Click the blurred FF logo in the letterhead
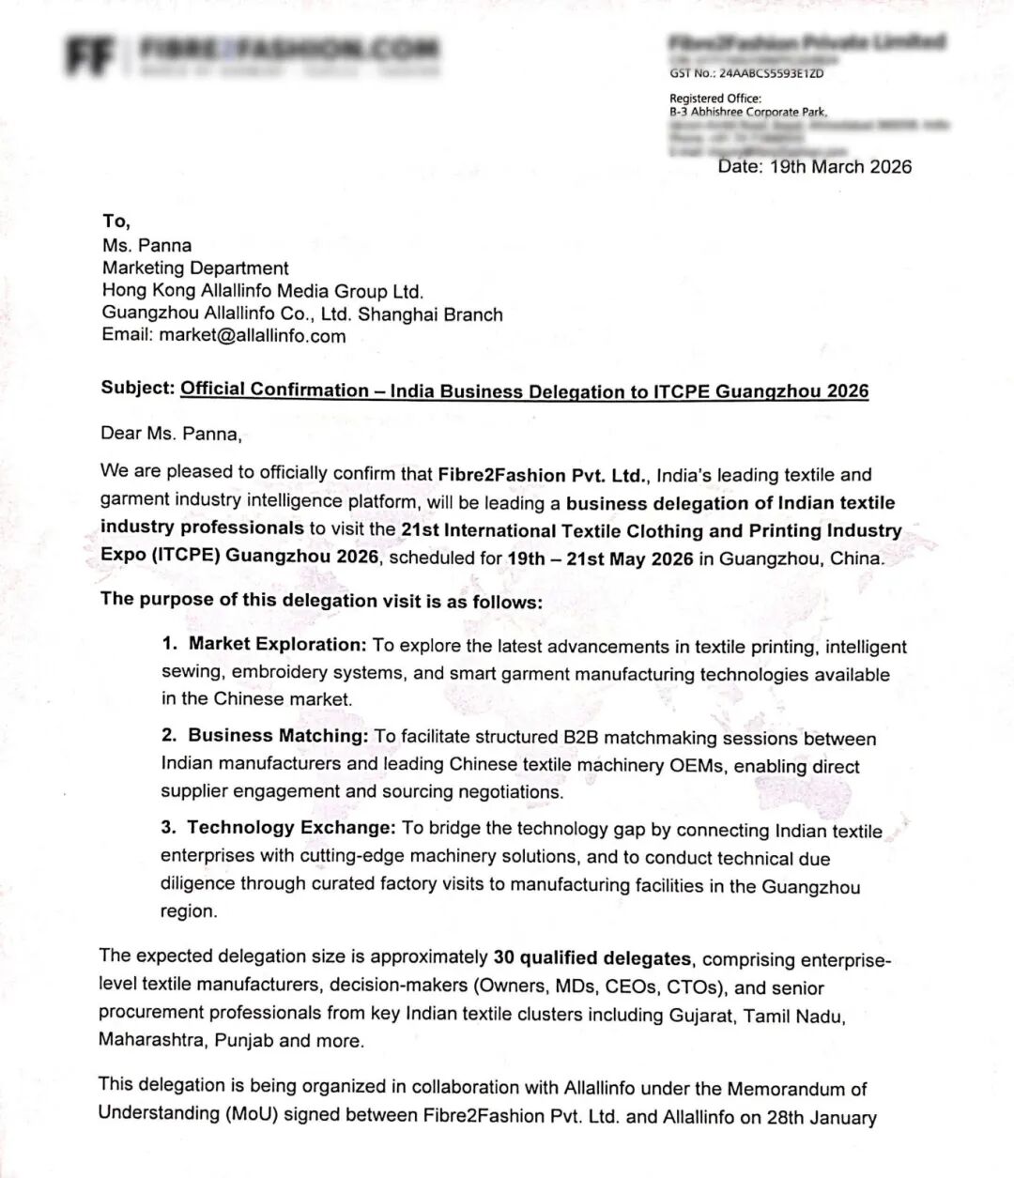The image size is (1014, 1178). coord(90,55)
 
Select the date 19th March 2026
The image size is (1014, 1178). coord(840,167)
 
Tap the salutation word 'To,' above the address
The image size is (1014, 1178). coord(116,222)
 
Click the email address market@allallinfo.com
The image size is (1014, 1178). coord(252,336)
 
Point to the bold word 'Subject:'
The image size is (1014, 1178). coord(138,389)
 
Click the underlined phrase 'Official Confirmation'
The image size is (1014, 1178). coord(274,390)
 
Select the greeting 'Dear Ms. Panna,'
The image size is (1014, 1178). coord(172,434)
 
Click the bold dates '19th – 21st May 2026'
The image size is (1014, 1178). coord(600,558)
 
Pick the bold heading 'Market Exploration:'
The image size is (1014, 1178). coord(277,644)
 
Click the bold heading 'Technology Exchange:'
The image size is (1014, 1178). coord(290,827)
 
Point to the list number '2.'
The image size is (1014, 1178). coord(169,735)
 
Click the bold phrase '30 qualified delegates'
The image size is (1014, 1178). coord(591,957)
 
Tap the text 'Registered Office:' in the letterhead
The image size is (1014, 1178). coord(715,99)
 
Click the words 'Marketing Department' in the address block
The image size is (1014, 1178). coord(195,268)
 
